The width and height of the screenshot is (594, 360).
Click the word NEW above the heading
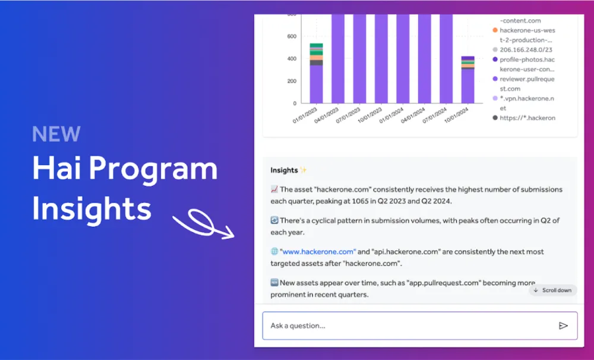coord(56,134)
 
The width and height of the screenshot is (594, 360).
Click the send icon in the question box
coord(563,326)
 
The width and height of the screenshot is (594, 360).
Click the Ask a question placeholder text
coord(298,326)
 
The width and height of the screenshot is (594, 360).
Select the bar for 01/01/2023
coord(316,77)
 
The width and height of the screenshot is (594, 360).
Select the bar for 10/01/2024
coord(468,83)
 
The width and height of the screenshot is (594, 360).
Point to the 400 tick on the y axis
coord(292,59)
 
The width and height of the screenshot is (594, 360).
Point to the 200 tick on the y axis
coord(292,81)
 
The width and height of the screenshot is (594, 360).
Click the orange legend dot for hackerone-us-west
coord(495,30)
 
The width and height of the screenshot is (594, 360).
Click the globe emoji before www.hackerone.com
coord(274,252)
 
